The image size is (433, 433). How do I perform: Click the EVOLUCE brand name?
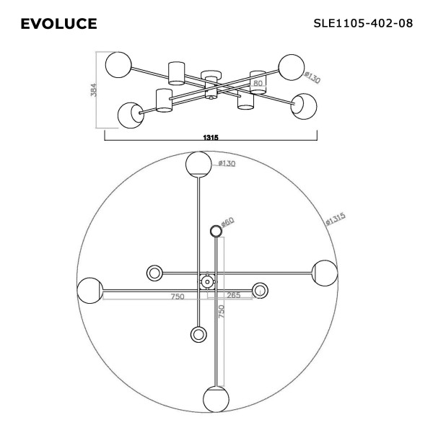tap(58, 24)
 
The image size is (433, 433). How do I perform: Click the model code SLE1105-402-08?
tap(363, 23)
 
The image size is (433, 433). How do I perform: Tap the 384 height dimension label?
tap(94, 89)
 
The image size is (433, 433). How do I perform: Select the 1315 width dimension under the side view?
tap(211, 137)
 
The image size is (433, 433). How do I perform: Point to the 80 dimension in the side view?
tap(258, 83)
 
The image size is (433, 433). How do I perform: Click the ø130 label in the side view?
tap(312, 77)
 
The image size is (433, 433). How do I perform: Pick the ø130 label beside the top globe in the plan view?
tap(227, 164)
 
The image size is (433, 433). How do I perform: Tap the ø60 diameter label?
tap(227, 222)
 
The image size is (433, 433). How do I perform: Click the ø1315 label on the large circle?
tap(336, 219)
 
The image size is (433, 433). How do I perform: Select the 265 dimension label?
tap(234, 295)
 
